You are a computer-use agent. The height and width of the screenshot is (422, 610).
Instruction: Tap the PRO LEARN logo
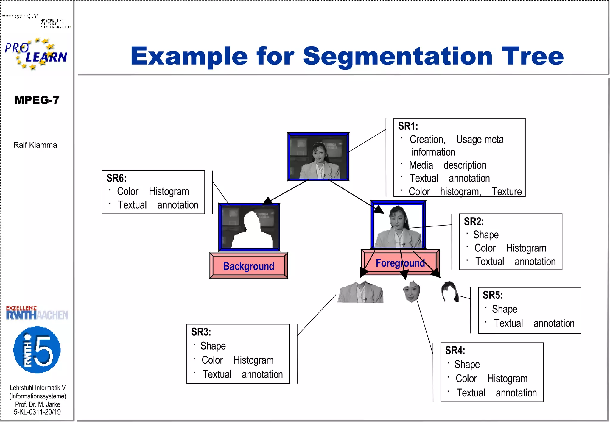36,54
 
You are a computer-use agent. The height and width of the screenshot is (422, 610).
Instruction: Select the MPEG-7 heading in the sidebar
37,100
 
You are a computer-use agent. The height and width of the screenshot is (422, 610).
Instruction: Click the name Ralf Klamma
35,145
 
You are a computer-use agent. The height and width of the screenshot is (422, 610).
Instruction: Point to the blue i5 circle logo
37,350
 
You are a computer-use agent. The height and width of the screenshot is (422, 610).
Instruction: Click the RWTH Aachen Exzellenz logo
37,313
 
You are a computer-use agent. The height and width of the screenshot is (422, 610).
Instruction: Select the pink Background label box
249,266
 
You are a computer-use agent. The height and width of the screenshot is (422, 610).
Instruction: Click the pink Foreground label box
400,263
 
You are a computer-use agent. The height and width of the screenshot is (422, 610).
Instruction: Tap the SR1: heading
408,126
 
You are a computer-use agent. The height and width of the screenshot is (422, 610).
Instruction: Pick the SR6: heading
116,178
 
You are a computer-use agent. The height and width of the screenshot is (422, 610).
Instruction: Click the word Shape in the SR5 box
505,309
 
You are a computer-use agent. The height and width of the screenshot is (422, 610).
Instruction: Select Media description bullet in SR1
447,165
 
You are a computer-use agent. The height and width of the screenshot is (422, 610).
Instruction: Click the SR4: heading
455,350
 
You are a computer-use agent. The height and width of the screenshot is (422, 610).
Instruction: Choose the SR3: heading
201,332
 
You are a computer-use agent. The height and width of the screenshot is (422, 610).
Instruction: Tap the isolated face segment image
412,291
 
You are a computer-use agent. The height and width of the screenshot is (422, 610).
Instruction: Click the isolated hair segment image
450,291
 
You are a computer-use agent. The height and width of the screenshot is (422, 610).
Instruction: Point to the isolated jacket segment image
360,293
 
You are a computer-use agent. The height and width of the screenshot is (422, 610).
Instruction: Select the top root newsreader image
318,157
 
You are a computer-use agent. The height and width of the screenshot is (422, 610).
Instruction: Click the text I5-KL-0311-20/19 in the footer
36,412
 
